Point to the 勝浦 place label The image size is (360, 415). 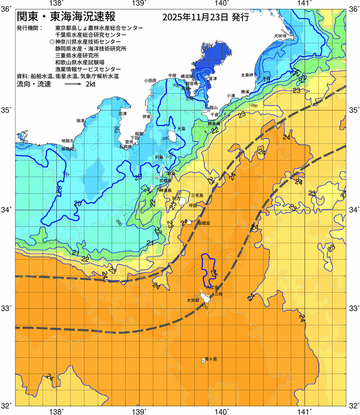point(245,92)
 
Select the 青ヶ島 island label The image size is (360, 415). point(211,359)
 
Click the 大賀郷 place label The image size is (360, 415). point(192,300)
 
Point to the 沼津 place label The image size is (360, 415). point(122,113)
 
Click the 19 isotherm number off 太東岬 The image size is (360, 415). point(266,79)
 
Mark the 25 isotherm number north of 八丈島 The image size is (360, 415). point(213,273)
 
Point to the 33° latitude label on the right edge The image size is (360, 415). point(354,308)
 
